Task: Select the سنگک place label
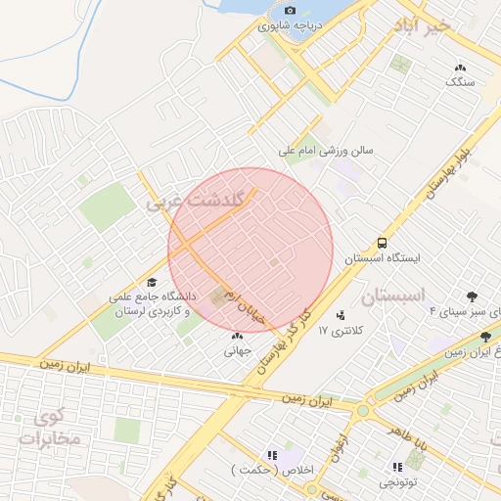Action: [x=460, y=83]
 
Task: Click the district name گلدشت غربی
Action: [x=178, y=203]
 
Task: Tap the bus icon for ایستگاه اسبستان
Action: [x=382, y=242]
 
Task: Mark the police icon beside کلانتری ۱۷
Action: [x=341, y=315]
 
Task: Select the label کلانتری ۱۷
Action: [x=341, y=331]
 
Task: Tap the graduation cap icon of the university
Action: [x=151, y=282]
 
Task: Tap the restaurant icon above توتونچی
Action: [x=397, y=468]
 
